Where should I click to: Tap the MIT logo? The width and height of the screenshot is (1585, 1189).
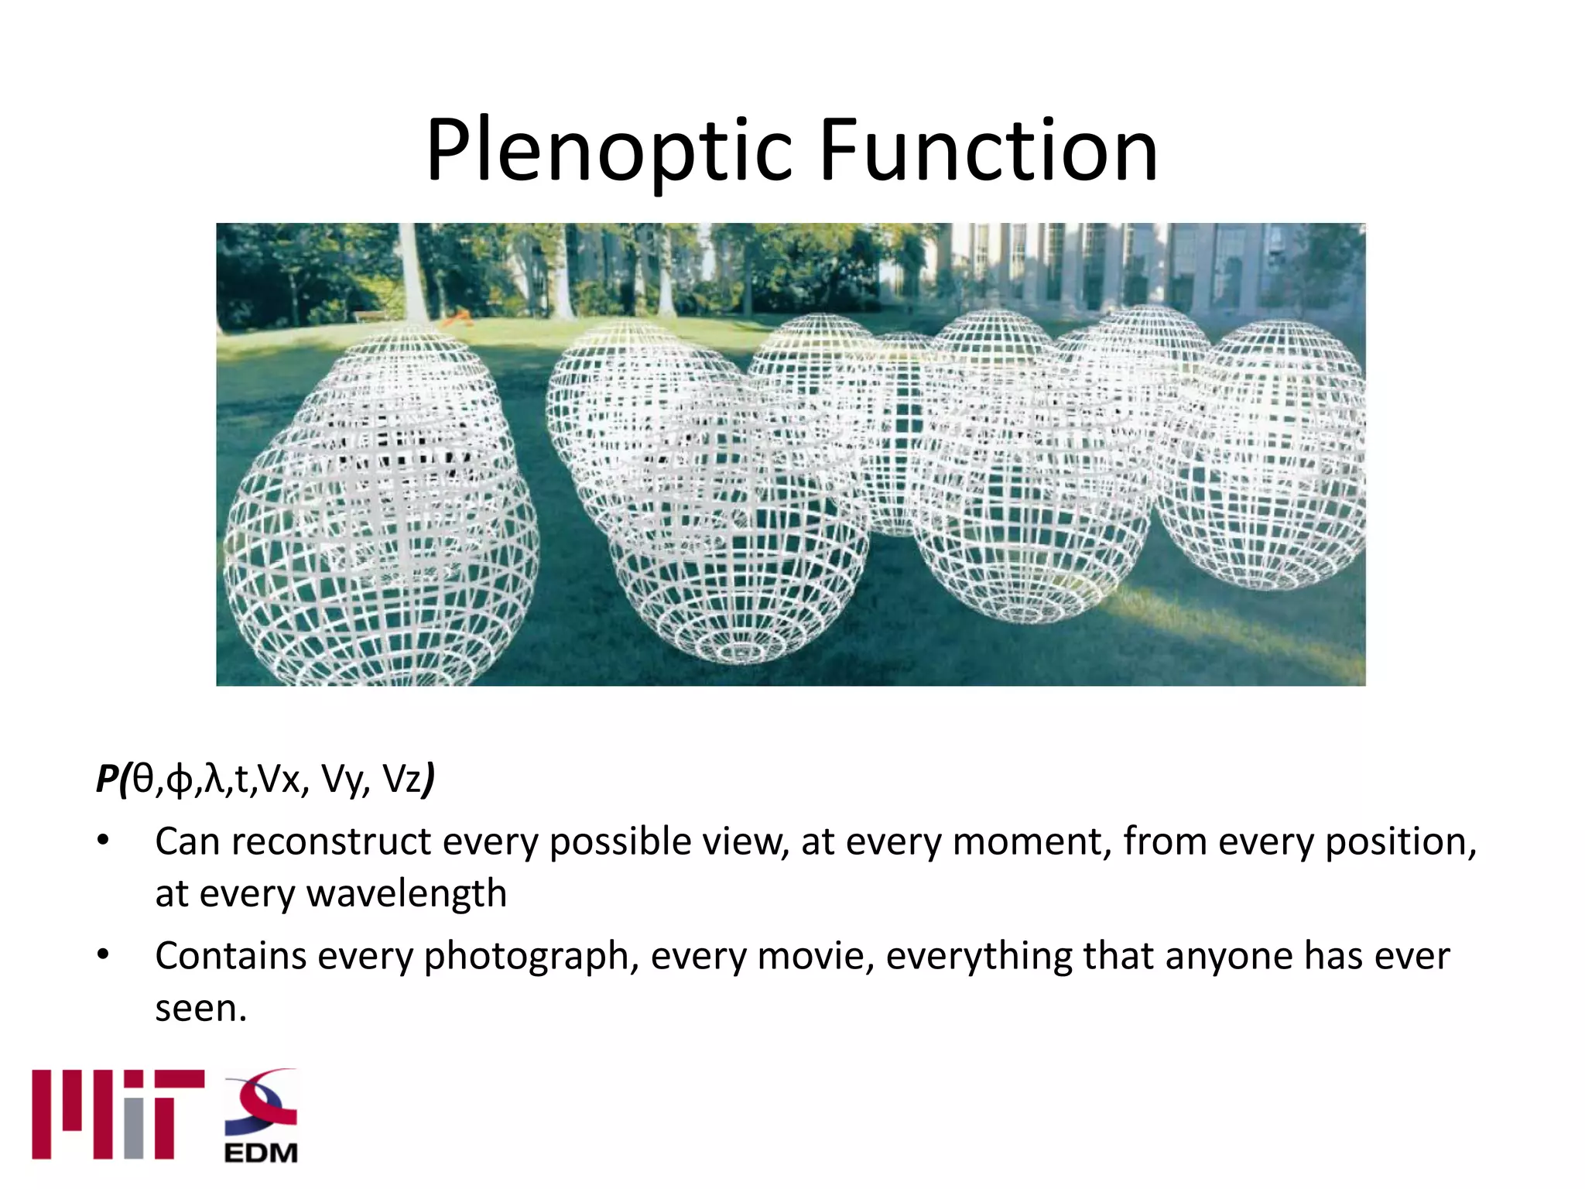118,1115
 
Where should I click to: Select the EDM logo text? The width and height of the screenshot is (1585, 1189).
261,1153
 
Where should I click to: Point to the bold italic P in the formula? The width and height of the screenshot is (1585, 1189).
107,779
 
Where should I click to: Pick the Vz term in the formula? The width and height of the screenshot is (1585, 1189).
402,779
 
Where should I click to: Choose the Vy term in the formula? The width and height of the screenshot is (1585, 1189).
341,780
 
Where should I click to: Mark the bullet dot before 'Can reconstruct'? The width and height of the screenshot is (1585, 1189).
103,841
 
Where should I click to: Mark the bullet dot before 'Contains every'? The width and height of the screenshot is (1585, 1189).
103,956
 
